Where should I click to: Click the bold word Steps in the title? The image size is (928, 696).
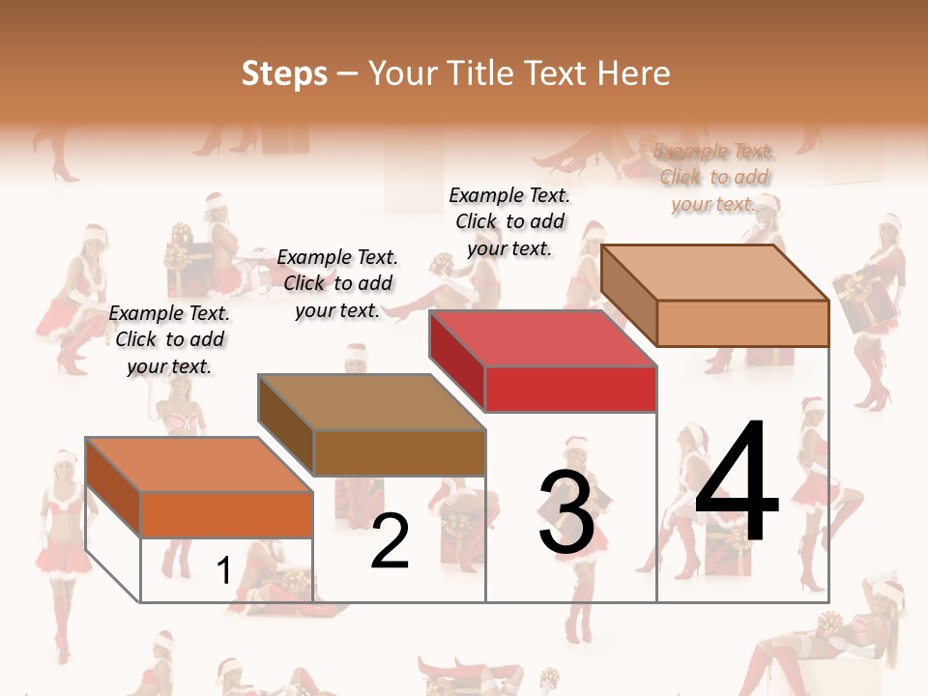point(284,74)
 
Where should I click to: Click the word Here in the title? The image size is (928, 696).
point(635,73)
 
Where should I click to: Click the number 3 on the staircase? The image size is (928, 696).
point(565,512)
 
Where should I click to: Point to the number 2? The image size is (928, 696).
point(390,541)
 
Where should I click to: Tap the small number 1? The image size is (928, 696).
point(223,570)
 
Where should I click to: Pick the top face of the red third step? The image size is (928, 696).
point(541,338)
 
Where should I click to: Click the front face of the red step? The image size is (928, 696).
point(570,390)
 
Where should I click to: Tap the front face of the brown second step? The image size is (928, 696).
point(399,452)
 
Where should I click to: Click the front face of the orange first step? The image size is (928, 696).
point(227,514)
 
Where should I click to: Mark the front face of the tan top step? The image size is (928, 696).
point(742,323)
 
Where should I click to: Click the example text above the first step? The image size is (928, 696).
point(169,339)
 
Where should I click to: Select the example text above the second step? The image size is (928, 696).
point(337,283)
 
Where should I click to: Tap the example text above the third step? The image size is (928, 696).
point(509,221)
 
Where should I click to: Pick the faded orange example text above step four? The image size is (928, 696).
point(713,177)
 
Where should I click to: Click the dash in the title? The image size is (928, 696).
point(348,74)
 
